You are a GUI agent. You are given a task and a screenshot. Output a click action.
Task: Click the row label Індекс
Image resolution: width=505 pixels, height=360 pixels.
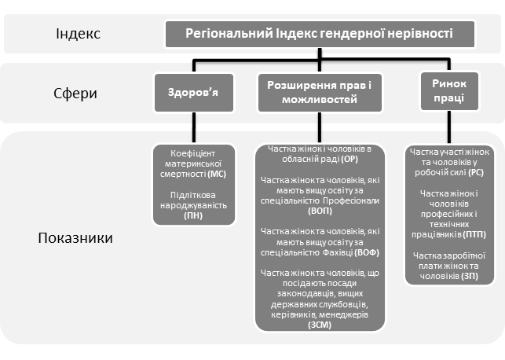coord(78,35)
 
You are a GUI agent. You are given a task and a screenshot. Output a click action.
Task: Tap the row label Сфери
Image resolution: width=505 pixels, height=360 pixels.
coord(76,94)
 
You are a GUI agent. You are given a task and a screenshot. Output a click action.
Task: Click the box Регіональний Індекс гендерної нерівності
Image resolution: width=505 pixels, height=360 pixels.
coord(320,34)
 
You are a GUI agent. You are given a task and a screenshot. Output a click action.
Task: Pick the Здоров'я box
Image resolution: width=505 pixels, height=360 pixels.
coord(192,92)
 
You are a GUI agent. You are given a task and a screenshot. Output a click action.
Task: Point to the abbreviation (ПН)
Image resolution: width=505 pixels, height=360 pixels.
coord(192,215)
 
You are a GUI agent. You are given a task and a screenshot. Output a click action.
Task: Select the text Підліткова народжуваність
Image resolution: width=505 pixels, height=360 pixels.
coord(192,200)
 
